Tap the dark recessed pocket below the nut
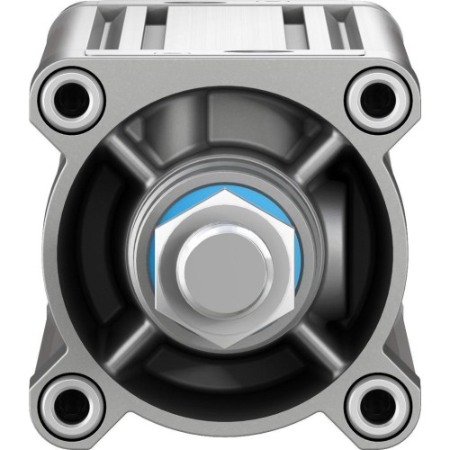(x=225, y=387)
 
